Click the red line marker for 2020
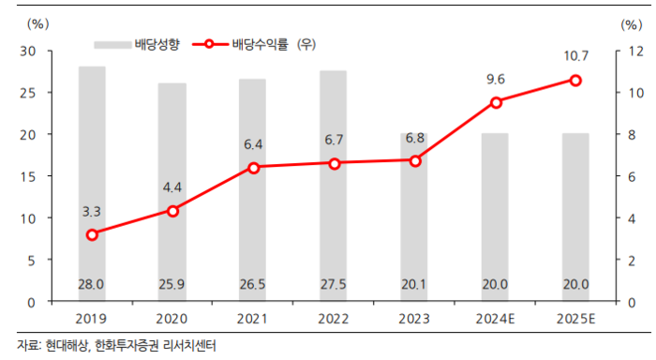pyautogui.click(x=172, y=211)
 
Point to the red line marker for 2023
pyautogui.click(x=414, y=160)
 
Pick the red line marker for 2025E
pyautogui.click(x=575, y=81)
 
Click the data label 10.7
pyautogui.click(x=575, y=58)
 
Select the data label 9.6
pyautogui.click(x=496, y=80)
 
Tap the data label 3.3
pyautogui.click(x=92, y=212)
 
